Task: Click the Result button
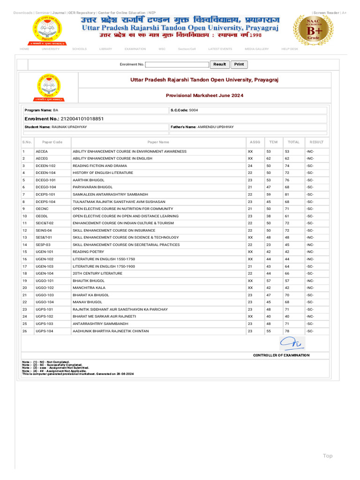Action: [219, 65]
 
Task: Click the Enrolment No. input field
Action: [177, 65]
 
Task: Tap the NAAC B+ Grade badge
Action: [313, 29]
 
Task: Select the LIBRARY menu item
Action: [105, 49]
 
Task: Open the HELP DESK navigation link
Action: [290, 49]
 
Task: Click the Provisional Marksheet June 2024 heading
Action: [204, 95]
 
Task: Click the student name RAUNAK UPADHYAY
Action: [69, 127]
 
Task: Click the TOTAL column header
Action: [293, 142]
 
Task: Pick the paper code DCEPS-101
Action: [45, 195]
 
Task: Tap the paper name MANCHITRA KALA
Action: [89, 288]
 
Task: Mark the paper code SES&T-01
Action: [45, 238]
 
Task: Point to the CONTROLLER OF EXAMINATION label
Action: [281, 355]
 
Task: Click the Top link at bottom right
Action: [327, 456]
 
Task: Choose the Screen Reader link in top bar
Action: [326, 13]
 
